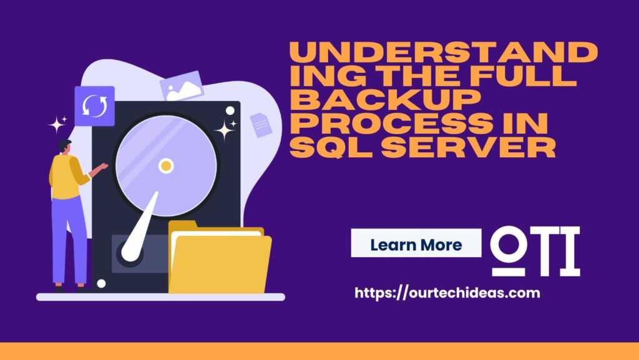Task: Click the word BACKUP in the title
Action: [385, 99]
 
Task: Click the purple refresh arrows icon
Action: [95, 106]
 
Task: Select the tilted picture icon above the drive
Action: [182, 86]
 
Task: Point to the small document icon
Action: [261, 125]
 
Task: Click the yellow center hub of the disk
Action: [166, 166]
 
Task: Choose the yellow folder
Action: [220, 258]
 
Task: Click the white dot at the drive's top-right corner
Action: [230, 111]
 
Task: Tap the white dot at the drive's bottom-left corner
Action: [101, 283]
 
